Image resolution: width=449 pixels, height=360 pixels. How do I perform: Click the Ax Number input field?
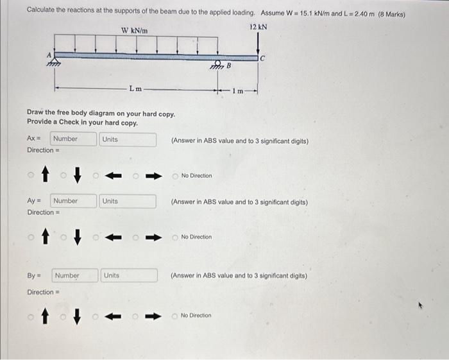[x=72, y=139]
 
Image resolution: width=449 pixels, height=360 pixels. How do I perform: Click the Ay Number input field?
[x=73, y=201]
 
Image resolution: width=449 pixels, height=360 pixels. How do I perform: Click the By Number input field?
[x=74, y=276]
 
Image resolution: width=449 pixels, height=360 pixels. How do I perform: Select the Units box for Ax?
[x=128, y=139]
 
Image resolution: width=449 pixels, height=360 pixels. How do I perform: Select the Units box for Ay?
[x=128, y=201]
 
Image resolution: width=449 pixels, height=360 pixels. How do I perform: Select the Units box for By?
[x=130, y=276]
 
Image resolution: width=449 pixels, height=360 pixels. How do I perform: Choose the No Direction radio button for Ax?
[x=176, y=176]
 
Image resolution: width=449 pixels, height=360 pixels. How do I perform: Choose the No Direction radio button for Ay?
[x=176, y=237]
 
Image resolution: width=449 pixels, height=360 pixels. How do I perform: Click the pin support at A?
[x=56, y=62]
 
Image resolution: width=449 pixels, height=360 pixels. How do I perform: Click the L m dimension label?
[x=135, y=89]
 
